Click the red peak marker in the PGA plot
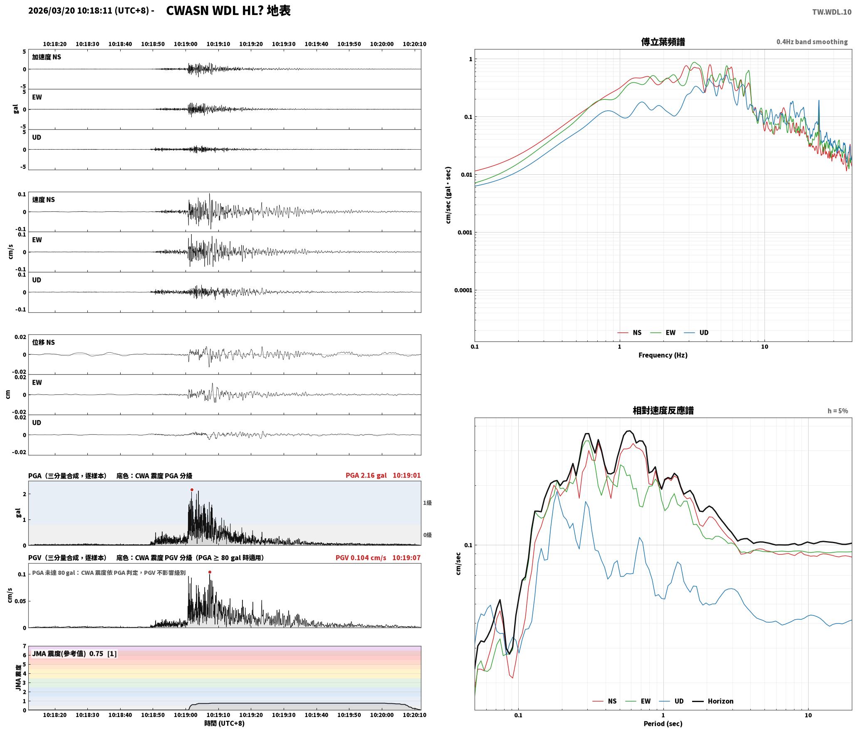192,490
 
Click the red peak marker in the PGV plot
210,572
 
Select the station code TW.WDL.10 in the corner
831,12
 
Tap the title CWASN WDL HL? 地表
228,11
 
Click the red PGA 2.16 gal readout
366,475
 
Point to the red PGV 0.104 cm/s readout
361,558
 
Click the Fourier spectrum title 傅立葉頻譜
663,42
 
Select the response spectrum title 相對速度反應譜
663,411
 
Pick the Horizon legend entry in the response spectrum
713,701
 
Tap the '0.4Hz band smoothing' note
812,42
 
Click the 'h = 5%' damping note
837,411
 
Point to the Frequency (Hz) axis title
663,355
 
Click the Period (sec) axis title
663,724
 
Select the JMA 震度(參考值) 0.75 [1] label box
74,654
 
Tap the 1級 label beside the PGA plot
428,503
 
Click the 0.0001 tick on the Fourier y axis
463,290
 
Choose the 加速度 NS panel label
47,57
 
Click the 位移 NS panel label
44,342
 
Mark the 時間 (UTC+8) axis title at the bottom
224,723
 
